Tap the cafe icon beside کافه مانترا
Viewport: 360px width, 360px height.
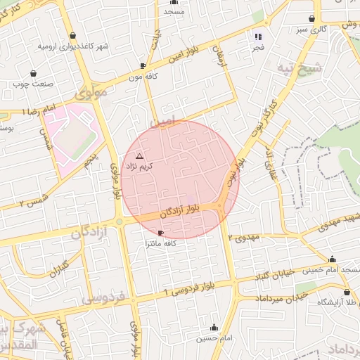(162, 233)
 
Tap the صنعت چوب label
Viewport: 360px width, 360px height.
(31, 84)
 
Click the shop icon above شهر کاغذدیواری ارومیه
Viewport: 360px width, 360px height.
(74, 35)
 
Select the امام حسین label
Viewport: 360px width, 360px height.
(213, 338)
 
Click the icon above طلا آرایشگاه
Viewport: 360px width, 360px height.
(347, 292)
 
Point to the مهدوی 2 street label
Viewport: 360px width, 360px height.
(244, 237)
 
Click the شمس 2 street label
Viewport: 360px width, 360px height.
(32, 201)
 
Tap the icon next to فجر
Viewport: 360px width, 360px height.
(258, 37)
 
